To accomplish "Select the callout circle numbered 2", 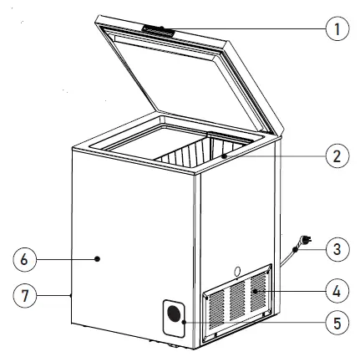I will coord(336,156).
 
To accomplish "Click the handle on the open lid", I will coord(159,30).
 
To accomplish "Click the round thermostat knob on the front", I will coord(174,314).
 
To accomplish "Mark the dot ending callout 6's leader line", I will coord(99,260).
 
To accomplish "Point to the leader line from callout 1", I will coord(251,28).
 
